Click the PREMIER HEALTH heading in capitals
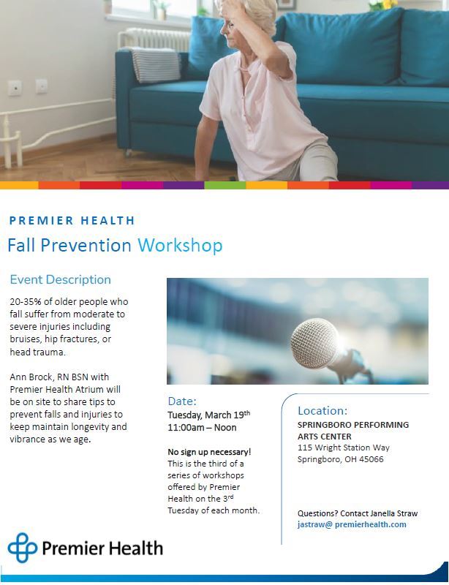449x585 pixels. [x=72, y=220]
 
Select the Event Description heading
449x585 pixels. [x=60, y=279]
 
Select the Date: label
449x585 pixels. [x=182, y=401]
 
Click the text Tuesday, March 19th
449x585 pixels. [x=208, y=415]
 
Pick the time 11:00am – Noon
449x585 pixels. [x=202, y=428]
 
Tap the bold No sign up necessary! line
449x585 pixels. [x=209, y=452]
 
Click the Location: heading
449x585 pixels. [x=322, y=410]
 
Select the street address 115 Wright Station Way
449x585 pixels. [x=343, y=448]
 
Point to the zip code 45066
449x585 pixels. [x=371, y=459]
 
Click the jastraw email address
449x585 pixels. [x=352, y=524]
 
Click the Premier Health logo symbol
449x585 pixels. [x=22, y=548]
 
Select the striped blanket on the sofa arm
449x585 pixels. [x=153, y=64]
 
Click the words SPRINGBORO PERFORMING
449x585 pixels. [x=353, y=425]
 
